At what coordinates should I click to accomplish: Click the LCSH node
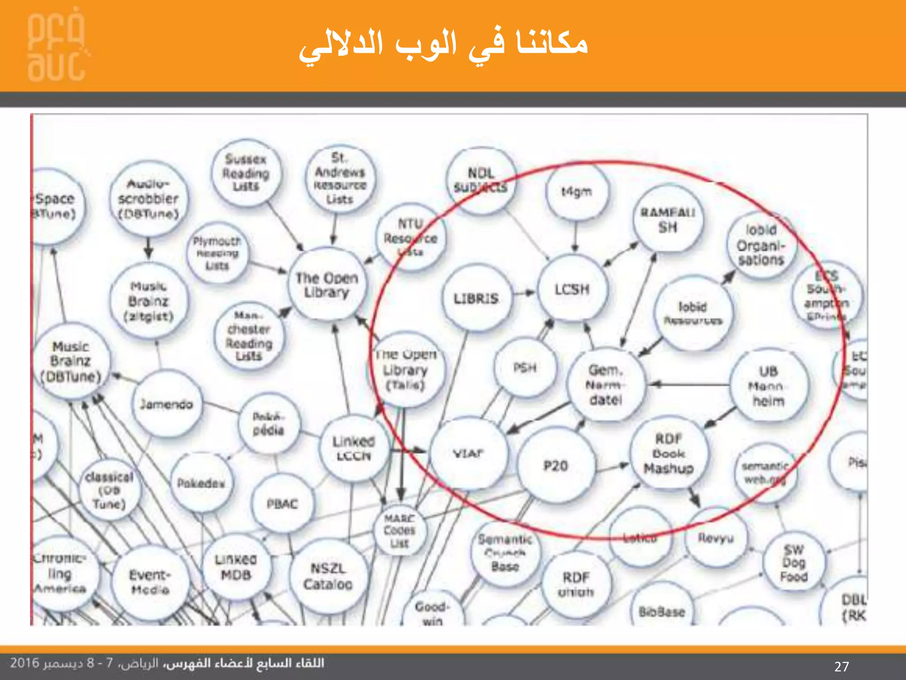(x=572, y=289)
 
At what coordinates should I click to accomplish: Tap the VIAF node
(x=468, y=453)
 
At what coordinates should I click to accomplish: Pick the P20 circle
(x=556, y=465)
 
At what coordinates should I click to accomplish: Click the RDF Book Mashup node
(x=668, y=453)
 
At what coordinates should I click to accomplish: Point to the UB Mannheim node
(x=768, y=386)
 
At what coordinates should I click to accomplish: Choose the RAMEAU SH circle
(x=668, y=220)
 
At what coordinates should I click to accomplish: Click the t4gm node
(x=576, y=192)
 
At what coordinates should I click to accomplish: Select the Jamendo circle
(x=167, y=404)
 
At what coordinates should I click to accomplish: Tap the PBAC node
(x=282, y=504)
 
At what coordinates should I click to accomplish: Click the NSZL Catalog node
(x=328, y=576)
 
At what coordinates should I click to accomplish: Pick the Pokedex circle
(x=201, y=483)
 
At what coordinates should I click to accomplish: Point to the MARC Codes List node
(x=399, y=530)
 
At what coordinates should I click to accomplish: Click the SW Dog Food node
(x=794, y=563)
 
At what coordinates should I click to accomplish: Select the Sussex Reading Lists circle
(x=246, y=173)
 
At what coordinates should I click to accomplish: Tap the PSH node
(x=525, y=367)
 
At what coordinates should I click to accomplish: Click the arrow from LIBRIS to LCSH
(x=525, y=293)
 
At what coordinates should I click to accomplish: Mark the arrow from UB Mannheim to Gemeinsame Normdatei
(x=690, y=385)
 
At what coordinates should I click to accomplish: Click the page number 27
(x=841, y=666)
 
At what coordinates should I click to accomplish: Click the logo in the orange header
(x=57, y=47)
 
